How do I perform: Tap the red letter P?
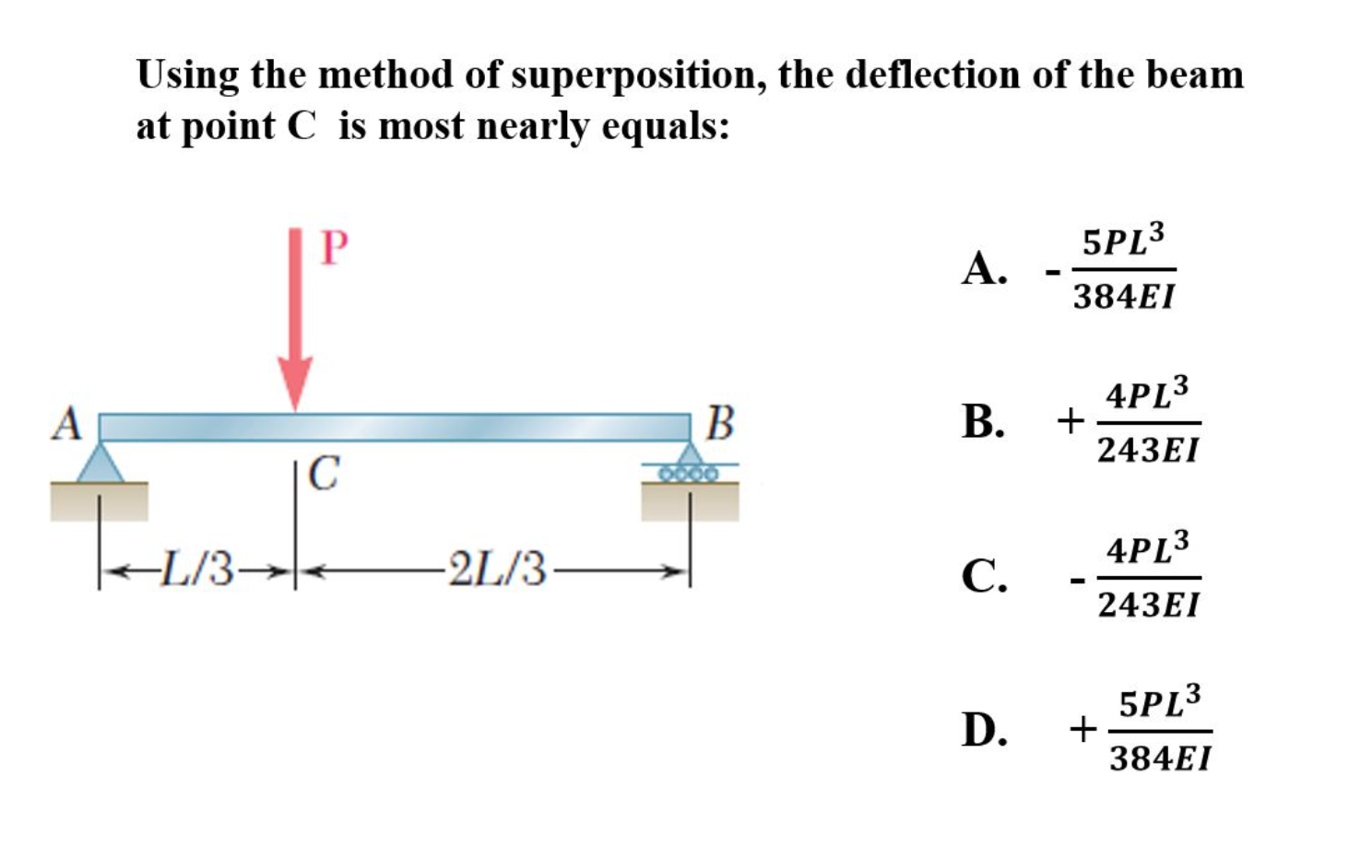[334, 247]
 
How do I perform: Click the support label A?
[66, 425]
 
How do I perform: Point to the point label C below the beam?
[323, 474]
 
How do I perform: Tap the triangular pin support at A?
[101, 462]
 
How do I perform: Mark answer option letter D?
[983, 730]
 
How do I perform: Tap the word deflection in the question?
[932, 75]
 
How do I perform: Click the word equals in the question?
[665, 127]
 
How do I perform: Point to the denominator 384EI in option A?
[1124, 298]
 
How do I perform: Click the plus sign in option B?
[1071, 422]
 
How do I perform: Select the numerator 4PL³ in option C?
[1147, 549]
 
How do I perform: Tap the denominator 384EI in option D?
[1160, 759]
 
